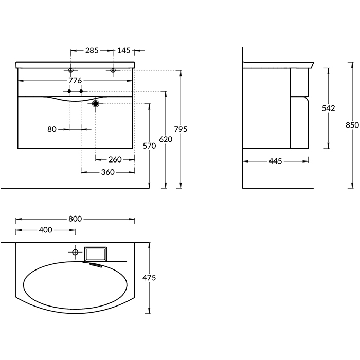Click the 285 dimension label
(x=92, y=50)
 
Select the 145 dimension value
(x=124, y=50)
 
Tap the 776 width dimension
(x=75, y=81)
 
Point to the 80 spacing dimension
(x=52, y=129)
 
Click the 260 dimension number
(x=115, y=159)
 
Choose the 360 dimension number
(x=108, y=172)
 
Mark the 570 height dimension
(x=149, y=146)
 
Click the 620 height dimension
(x=166, y=139)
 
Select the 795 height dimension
(x=181, y=129)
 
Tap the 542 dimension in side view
(x=328, y=108)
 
